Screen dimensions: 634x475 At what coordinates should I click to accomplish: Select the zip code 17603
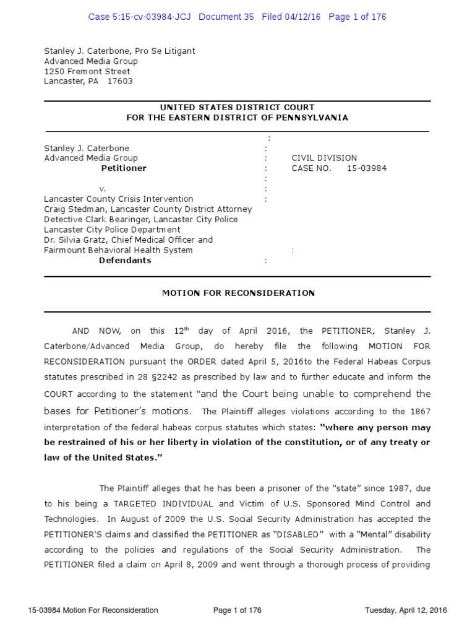[x=120, y=81]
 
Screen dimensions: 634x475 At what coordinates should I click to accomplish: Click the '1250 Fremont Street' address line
[x=87, y=71]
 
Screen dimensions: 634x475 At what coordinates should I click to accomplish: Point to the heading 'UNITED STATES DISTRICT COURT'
[x=237, y=108]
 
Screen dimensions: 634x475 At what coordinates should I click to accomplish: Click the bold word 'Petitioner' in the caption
[x=124, y=168]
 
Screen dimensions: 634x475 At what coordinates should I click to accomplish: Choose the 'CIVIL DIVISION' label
[x=324, y=158]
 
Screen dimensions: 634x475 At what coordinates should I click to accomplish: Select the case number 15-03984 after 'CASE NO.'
[x=367, y=168]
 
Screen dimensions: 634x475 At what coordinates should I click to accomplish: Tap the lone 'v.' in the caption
[x=103, y=188]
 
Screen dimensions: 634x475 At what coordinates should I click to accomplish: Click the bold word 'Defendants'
[x=125, y=261]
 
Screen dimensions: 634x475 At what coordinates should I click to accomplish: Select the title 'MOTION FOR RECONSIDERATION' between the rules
[x=238, y=293]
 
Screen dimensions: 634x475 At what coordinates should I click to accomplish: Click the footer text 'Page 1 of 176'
[x=237, y=610]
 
